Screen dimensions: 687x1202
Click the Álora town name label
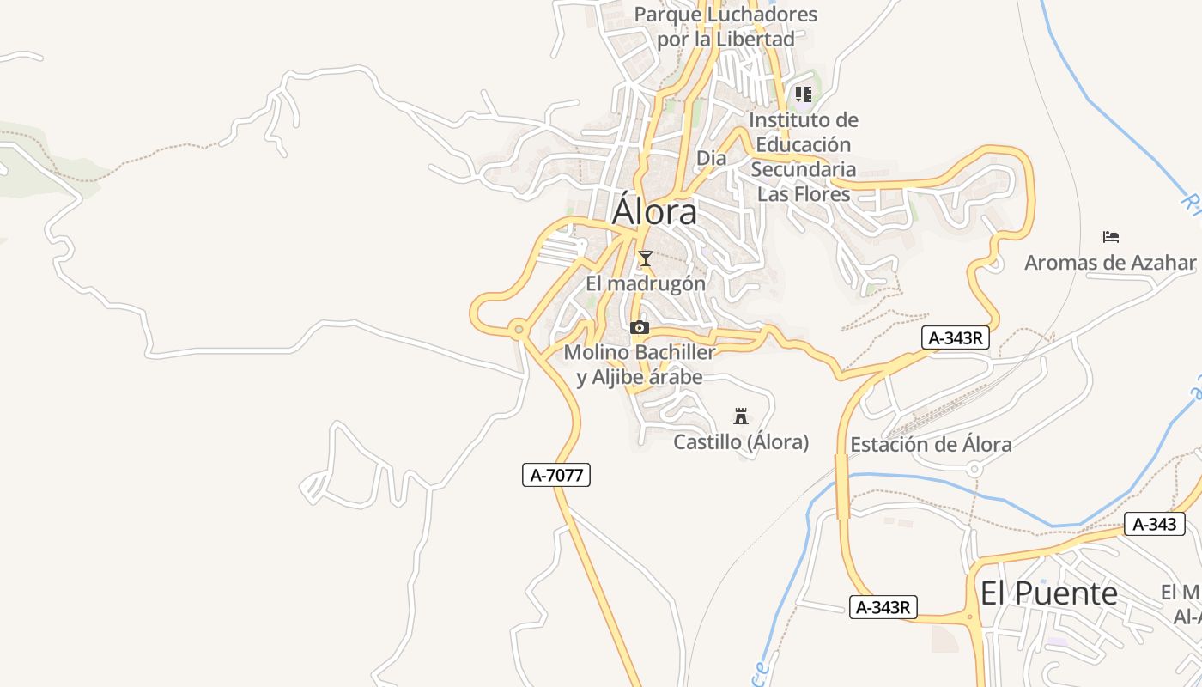click(x=654, y=211)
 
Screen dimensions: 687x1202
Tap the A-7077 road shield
click(x=556, y=475)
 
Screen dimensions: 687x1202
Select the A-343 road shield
click(x=1154, y=524)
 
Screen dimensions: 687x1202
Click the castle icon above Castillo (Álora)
click(x=740, y=417)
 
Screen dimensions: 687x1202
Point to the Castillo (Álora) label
click(x=741, y=442)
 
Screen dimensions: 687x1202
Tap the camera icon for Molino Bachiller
click(x=640, y=327)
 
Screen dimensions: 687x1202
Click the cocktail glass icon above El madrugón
click(x=645, y=258)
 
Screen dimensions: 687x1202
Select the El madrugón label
click(x=646, y=283)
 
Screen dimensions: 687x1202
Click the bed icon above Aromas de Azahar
click(x=1111, y=237)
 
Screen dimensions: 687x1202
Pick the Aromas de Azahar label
click(x=1110, y=263)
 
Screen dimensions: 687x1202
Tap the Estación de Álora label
click(x=931, y=444)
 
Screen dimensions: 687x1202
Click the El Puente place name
click(x=1049, y=593)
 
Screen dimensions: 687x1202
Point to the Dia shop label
click(x=711, y=158)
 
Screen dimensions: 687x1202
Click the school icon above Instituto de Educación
click(x=804, y=94)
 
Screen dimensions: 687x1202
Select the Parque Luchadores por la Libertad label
click(x=725, y=27)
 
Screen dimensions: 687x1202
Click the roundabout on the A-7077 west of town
click(x=518, y=329)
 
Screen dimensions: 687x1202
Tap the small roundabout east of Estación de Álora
click(x=974, y=469)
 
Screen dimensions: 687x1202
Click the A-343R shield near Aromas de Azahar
click(x=956, y=337)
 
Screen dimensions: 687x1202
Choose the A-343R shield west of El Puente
click(x=883, y=607)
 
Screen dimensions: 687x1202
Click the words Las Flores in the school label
click(x=804, y=194)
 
